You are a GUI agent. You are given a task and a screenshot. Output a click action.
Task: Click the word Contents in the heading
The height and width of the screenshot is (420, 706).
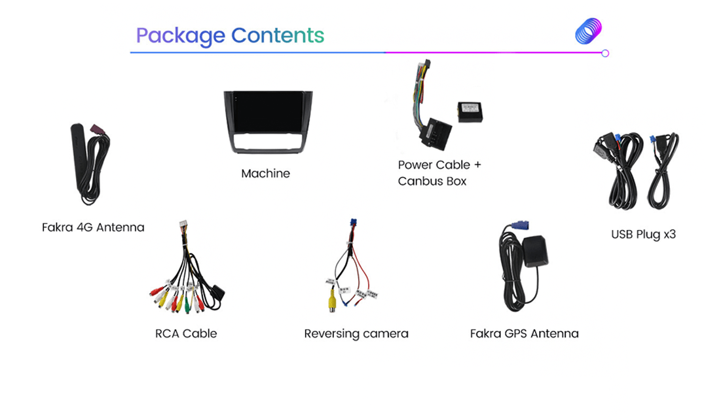pyautogui.click(x=278, y=35)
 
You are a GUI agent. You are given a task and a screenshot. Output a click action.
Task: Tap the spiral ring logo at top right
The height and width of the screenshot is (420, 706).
pyautogui.click(x=588, y=31)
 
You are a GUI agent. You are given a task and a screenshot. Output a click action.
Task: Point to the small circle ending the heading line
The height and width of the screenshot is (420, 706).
pyautogui.click(x=605, y=53)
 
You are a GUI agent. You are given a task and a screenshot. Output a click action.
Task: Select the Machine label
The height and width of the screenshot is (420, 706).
pyautogui.click(x=265, y=174)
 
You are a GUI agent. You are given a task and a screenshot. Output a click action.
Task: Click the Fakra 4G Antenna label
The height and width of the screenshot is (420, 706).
pyautogui.click(x=93, y=227)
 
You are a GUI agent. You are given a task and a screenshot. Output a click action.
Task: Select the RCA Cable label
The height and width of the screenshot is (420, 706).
pyautogui.click(x=186, y=334)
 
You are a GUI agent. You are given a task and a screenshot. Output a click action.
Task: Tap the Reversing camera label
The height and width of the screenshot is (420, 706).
pyautogui.click(x=356, y=334)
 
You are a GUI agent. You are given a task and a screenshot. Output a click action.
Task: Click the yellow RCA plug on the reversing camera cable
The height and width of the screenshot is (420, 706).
pyautogui.click(x=333, y=303)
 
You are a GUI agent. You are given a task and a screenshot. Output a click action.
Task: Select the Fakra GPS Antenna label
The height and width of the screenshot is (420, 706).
pyautogui.click(x=525, y=334)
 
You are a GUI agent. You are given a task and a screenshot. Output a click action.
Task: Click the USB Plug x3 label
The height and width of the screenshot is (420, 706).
pyautogui.click(x=643, y=234)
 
